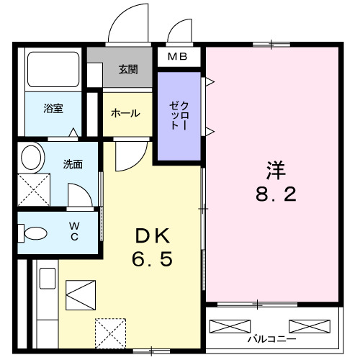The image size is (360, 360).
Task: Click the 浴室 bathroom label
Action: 53,109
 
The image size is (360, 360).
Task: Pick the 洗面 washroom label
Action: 72,164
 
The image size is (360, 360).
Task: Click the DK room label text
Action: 151,236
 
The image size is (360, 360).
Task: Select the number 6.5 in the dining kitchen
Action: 152,260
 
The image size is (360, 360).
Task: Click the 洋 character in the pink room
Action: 275,171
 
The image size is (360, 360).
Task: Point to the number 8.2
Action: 274,195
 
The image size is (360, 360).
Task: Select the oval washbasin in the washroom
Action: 31,156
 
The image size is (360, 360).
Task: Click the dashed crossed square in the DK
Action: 109,333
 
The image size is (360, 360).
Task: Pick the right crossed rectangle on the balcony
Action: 309,325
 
